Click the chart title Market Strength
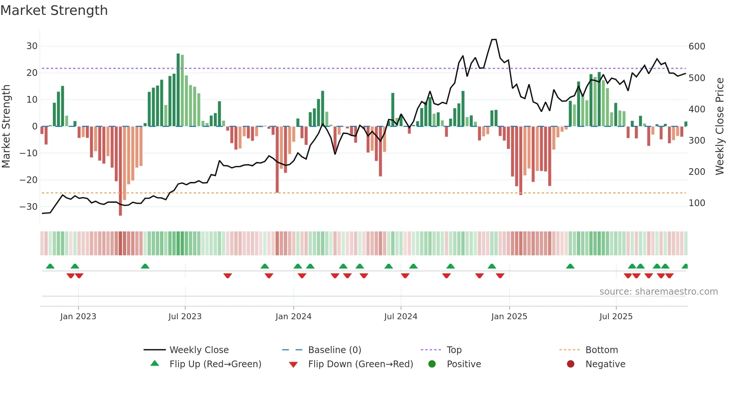[54, 10]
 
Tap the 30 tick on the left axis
[32, 46]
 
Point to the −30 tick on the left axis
[29, 207]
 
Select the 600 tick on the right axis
[697, 47]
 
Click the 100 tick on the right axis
[697, 203]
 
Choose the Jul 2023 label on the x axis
[185, 317]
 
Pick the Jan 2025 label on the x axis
[509, 317]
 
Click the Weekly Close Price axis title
[720, 126]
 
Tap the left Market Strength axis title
[6, 126]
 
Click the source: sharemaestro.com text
[658, 292]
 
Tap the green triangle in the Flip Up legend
[155, 363]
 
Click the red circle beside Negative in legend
[571, 364]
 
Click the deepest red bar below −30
[121, 171]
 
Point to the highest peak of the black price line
[494, 39]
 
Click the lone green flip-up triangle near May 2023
[145, 266]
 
